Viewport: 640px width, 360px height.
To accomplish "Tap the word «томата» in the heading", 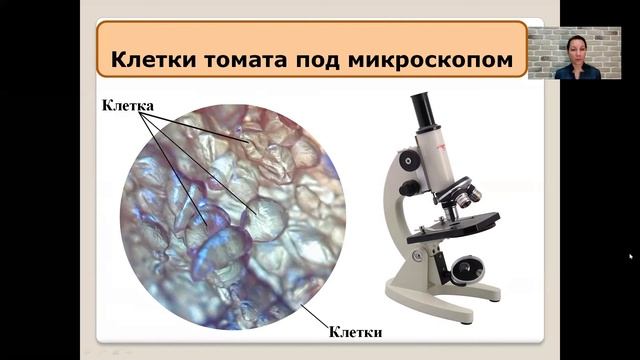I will [x=245, y=59].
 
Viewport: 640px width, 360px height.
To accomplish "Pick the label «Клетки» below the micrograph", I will [x=356, y=329].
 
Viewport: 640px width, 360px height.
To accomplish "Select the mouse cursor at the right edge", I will [x=631, y=257].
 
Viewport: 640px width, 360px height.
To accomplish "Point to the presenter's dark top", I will [x=578, y=72].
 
